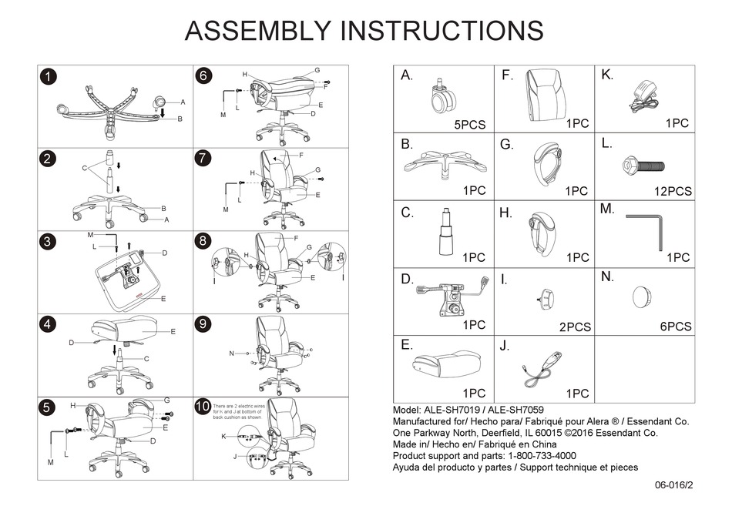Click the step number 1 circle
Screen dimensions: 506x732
(49, 76)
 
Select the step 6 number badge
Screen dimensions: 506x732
(203, 76)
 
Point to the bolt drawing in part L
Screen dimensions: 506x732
(643, 166)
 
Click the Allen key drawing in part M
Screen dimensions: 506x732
(646, 230)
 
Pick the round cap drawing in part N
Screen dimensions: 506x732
(643, 297)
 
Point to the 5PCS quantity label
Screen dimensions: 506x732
(467, 124)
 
